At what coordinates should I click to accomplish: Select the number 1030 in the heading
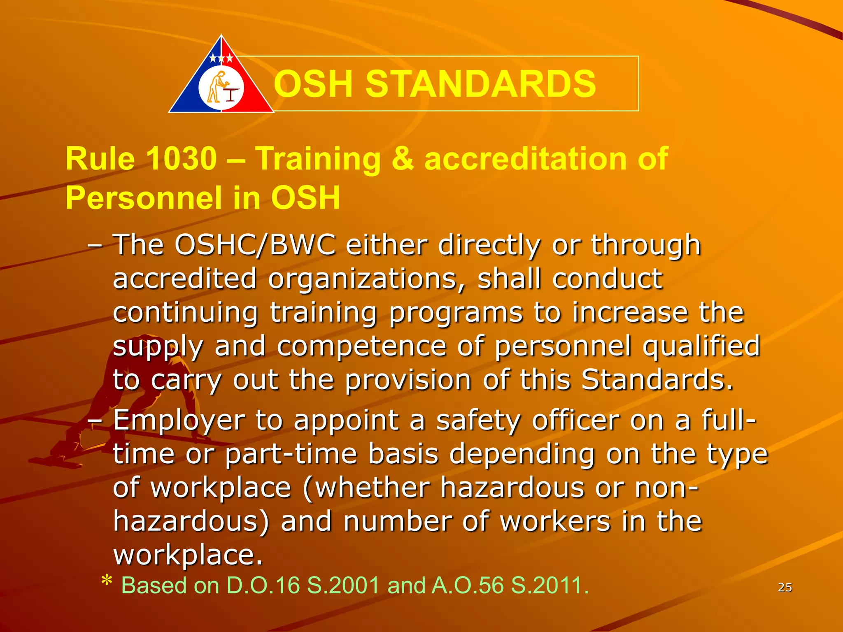click(181, 158)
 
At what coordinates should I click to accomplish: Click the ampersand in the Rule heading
click(402, 158)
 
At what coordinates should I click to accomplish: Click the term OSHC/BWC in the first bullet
click(254, 245)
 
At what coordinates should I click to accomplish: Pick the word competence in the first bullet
click(361, 346)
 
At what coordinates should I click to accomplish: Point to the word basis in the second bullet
click(403, 454)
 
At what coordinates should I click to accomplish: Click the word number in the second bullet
click(397, 522)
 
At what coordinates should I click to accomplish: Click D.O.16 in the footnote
click(263, 585)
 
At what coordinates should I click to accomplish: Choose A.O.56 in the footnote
click(467, 585)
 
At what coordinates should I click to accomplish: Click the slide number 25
click(785, 587)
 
